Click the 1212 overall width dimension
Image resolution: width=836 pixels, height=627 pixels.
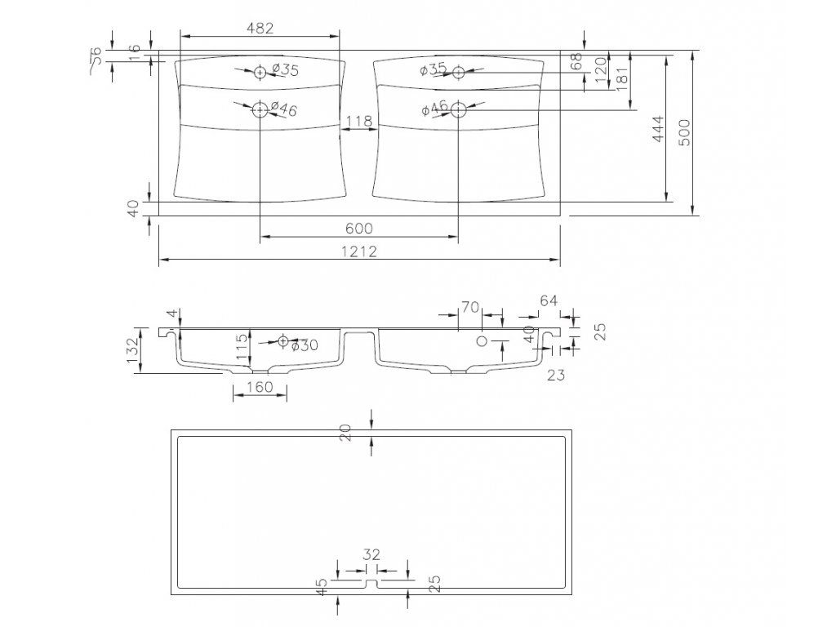(x=359, y=251)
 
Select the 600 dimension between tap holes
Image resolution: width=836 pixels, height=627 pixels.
(x=359, y=229)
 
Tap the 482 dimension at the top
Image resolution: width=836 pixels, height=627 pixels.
(x=259, y=27)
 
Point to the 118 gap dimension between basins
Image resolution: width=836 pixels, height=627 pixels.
(x=359, y=122)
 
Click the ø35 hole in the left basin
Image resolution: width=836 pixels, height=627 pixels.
(x=260, y=72)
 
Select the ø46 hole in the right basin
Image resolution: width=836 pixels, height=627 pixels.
(x=458, y=109)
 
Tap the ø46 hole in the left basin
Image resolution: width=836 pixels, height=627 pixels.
(x=260, y=109)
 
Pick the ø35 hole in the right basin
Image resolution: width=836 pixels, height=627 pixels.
(x=458, y=72)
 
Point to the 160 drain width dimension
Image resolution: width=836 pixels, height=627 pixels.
(x=259, y=386)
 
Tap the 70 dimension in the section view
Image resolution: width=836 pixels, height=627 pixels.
(x=469, y=307)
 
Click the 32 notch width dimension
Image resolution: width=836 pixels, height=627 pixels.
(x=371, y=555)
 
